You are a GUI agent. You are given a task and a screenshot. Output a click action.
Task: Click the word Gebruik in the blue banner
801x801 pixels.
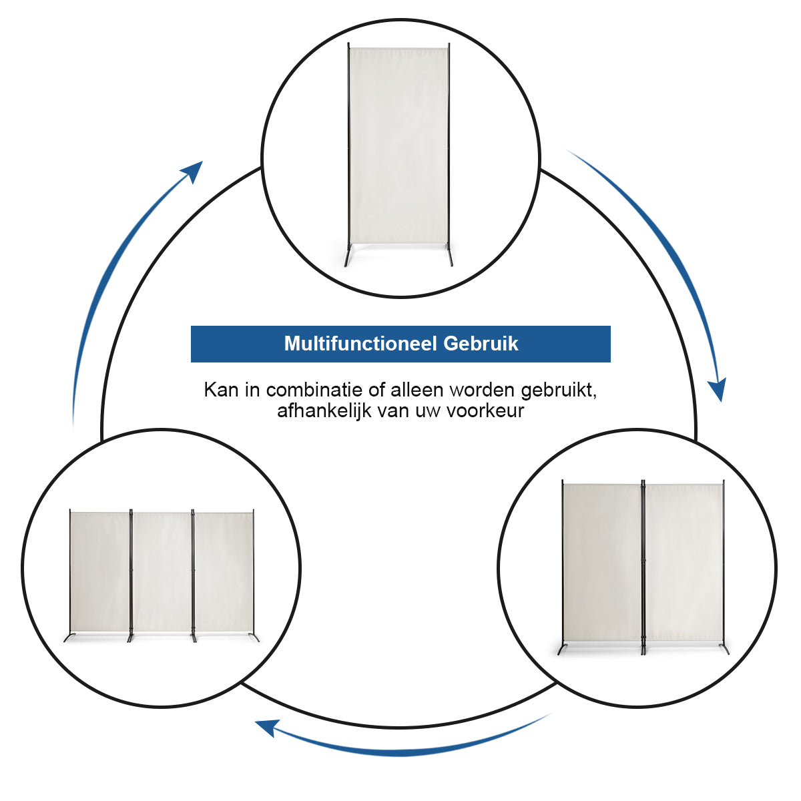point(481,344)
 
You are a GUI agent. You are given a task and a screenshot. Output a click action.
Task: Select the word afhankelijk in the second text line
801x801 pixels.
point(324,411)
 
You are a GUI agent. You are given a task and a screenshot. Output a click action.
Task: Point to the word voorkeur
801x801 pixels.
point(485,411)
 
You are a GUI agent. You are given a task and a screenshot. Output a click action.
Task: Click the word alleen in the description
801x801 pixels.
point(417,390)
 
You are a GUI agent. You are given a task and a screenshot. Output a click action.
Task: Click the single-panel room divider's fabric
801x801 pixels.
point(398,146)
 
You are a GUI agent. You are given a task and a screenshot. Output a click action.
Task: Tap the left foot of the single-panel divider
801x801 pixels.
point(347,256)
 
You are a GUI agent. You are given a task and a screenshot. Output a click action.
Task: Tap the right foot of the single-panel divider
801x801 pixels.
point(450,256)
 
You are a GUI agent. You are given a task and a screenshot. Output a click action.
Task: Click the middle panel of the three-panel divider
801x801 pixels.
point(162,571)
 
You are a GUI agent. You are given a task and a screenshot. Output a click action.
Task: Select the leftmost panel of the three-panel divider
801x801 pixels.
point(99,571)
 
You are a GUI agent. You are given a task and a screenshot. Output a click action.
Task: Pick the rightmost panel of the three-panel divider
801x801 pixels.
point(224,571)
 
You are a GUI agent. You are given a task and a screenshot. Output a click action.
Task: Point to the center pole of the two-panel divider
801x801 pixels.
point(643,568)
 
